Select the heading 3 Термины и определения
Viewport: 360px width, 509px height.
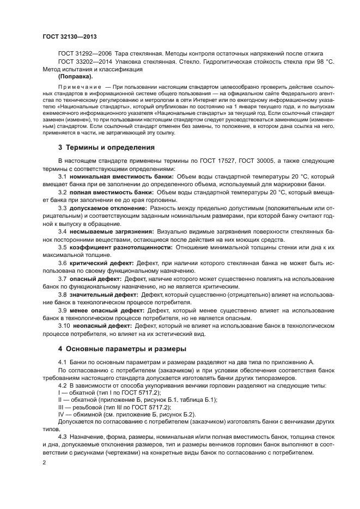106,148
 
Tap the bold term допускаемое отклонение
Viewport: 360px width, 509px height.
101,208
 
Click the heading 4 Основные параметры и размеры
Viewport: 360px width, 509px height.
122,348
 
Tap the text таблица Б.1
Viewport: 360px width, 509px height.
199,400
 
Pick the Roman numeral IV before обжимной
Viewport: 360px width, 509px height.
61,414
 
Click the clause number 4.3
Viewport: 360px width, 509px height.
63,437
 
